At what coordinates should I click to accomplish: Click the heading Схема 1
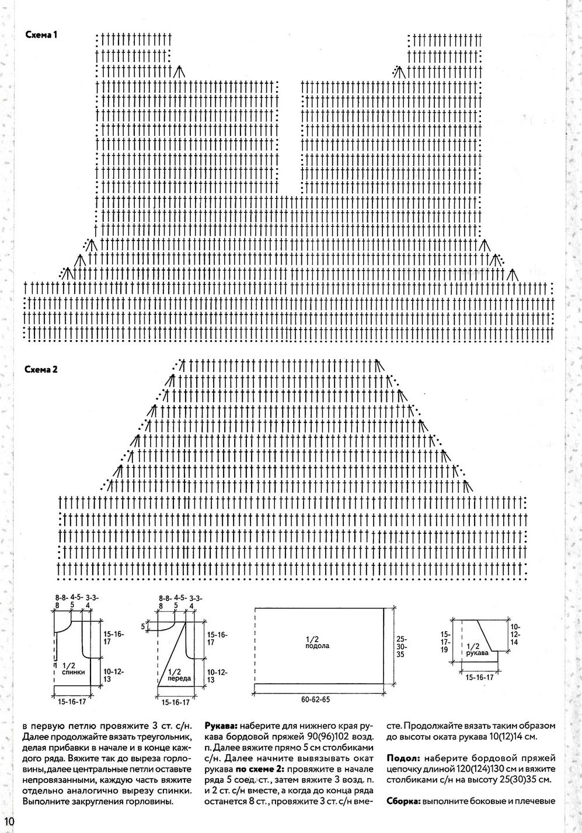[41, 36]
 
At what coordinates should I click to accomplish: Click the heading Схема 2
[41, 370]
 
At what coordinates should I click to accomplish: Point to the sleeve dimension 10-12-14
[515, 636]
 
